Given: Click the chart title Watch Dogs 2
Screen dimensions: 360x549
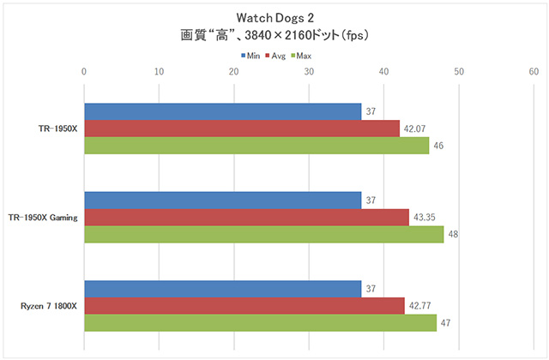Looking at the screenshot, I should click(274, 18).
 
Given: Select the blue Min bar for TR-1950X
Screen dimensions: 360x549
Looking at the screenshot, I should click(222, 111).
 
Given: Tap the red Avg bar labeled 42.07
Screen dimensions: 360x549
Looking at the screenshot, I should click(241, 129).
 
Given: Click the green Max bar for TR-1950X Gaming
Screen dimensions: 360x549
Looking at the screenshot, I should click(263, 234).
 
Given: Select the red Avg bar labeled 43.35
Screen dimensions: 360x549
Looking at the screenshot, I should click(246, 217).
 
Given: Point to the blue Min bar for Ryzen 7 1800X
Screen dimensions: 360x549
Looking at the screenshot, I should click(222, 289).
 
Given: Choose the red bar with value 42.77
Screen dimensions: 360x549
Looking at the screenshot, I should click(244, 306).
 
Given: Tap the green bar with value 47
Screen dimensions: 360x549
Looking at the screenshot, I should click(260, 323).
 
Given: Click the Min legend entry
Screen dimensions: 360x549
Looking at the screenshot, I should click(250, 56).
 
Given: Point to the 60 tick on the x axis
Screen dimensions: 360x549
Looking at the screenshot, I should click(534, 72).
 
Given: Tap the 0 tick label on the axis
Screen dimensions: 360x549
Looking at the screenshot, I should click(83, 72).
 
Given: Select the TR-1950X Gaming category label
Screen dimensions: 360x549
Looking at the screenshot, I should click(42, 218).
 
